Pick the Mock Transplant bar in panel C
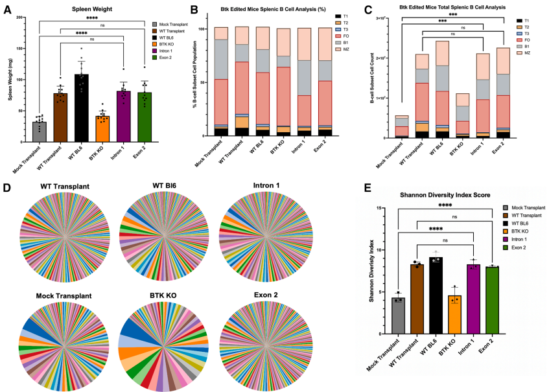(x=403, y=126)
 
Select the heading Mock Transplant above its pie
(x=64, y=295)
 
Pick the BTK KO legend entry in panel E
(x=521, y=230)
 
